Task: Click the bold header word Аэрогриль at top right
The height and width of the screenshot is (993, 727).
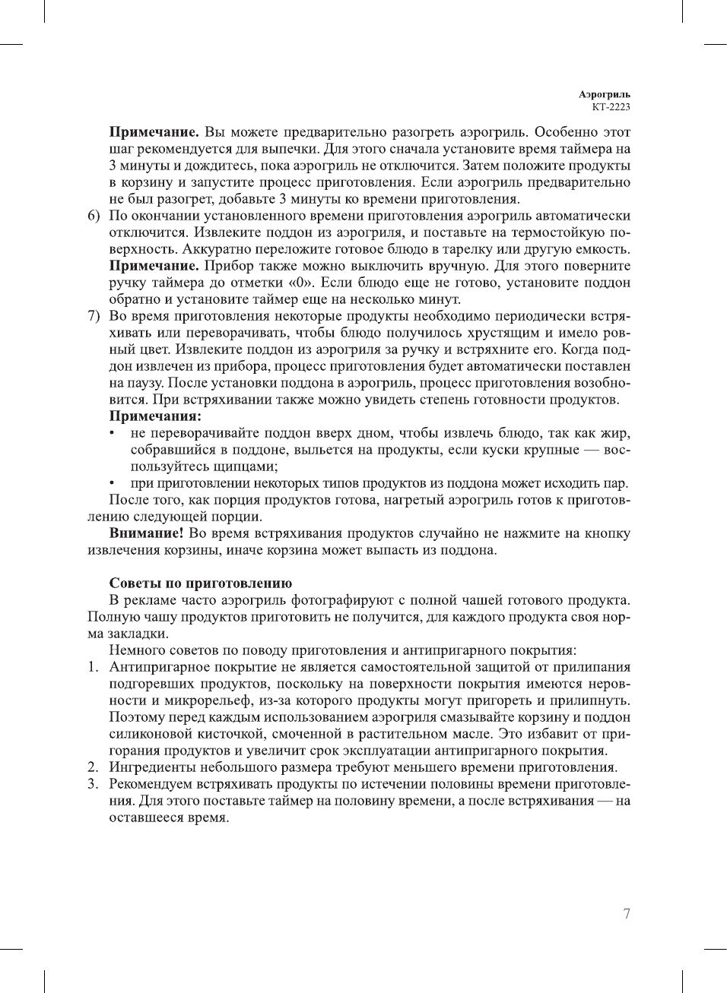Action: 604,95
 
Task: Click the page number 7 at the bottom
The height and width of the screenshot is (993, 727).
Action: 627,914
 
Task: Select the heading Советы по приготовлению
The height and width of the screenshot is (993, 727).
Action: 201,583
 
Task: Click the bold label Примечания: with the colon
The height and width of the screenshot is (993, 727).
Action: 155,416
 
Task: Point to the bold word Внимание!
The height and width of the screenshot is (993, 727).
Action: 146,533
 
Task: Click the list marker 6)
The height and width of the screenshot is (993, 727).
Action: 94,216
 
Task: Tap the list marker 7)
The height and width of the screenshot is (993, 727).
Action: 94,316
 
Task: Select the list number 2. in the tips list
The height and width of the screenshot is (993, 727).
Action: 93,767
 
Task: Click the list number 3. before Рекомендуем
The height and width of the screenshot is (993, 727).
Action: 93,784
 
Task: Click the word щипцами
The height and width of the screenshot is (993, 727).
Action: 245,466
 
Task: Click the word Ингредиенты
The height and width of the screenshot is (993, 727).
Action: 152,767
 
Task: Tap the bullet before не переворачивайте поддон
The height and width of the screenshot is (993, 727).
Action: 113,434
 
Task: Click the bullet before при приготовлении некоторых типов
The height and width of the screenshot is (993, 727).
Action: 113,484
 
